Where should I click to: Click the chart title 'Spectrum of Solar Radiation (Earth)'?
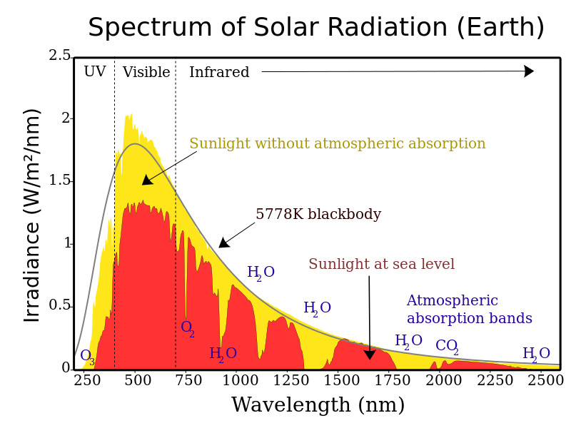coord(316,28)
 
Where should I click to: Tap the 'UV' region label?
coord(94,72)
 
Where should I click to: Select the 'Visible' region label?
coord(146,72)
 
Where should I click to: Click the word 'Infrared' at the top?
coord(219,72)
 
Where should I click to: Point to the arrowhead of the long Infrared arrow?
coord(529,71)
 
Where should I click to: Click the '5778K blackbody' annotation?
coord(318,215)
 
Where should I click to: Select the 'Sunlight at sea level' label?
coord(381,265)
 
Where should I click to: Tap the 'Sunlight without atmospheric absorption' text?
coord(337,144)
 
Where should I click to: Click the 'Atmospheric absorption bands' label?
coord(469,310)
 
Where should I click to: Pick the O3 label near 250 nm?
coord(87,356)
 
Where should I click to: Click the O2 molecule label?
coord(187,328)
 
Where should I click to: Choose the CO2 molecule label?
coord(447,347)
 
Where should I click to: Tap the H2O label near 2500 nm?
coord(536,354)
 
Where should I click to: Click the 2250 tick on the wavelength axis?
coord(495,380)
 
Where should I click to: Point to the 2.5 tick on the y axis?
coord(60,56)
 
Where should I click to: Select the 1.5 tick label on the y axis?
coord(60,180)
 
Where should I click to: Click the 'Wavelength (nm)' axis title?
coord(318,405)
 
